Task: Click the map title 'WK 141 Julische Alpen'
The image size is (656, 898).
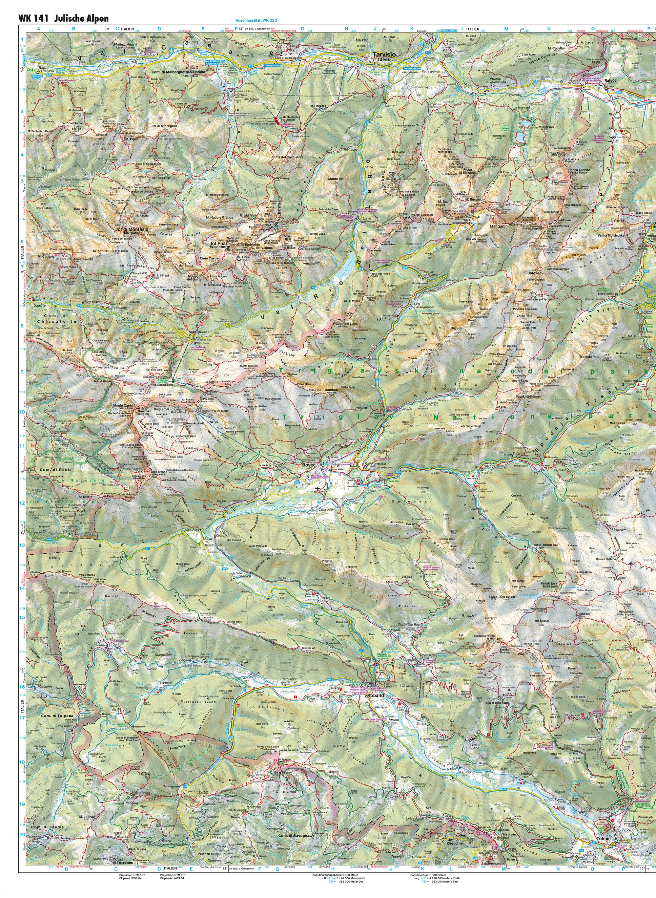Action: coord(63,19)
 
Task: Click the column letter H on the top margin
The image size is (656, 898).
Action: coord(346,29)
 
